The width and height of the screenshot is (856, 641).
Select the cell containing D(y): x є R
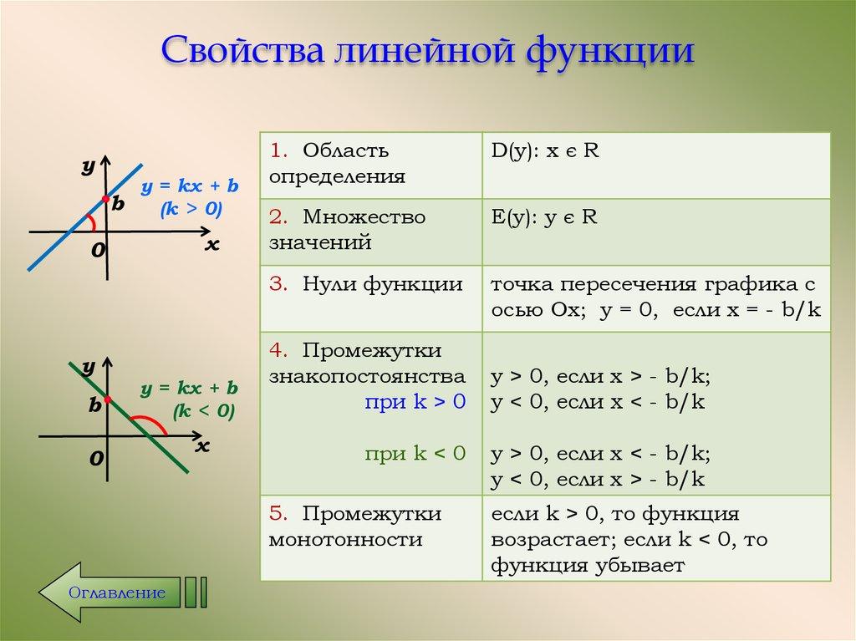(x=655, y=165)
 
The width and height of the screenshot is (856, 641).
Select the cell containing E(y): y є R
(x=655, y=231)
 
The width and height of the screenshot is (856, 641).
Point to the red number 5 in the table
(x=276, y=512)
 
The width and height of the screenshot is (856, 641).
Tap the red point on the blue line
(x=105, y=199)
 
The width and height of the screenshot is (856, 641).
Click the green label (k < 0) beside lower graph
(x=204, y=410)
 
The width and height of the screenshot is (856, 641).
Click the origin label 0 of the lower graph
(x=97, y=459)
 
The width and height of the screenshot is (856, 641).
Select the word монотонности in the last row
(x=345, y=539)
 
